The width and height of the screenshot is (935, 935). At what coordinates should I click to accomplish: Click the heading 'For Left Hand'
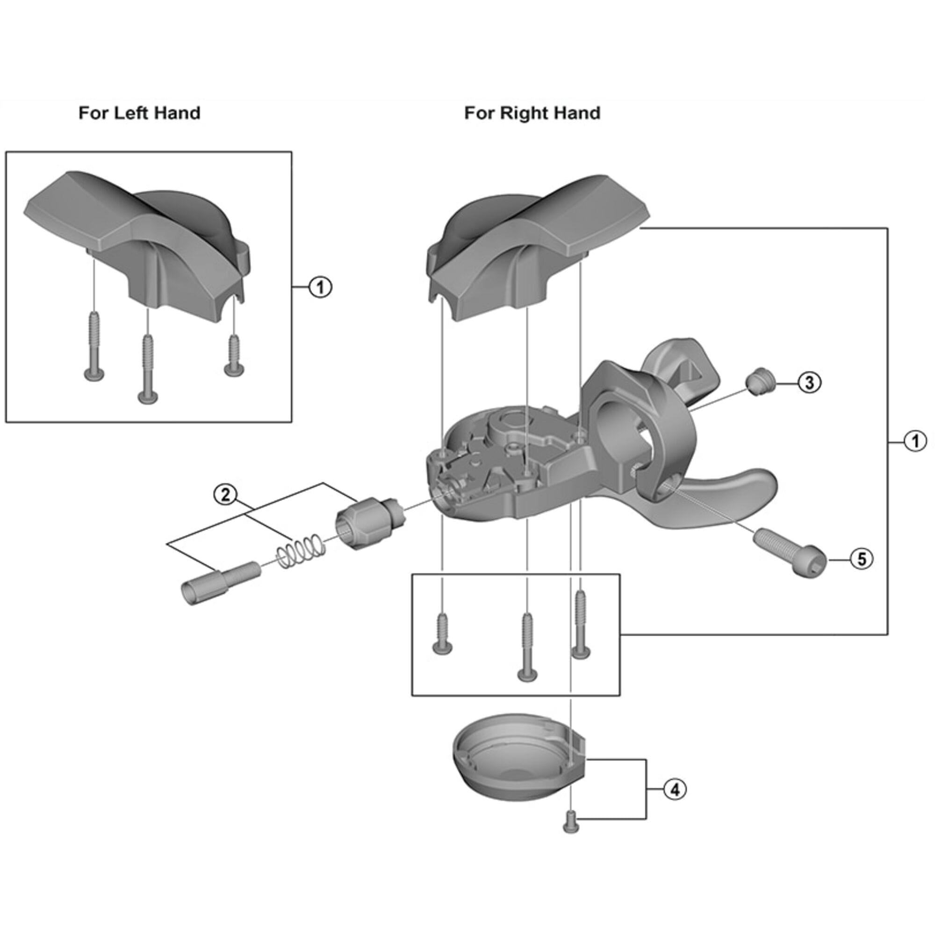coord(139,113)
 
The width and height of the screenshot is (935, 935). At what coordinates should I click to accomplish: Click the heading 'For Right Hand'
coord(532,113)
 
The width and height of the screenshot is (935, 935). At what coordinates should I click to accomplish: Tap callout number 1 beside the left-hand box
coord(320,288)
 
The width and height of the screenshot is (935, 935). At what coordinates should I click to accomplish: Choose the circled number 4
coord(675,790)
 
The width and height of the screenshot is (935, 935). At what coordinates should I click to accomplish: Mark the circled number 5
coord(862,560)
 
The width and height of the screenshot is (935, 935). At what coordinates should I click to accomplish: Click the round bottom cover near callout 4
coord(518,764)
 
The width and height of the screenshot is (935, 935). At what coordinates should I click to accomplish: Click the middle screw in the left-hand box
coord(148,368)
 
